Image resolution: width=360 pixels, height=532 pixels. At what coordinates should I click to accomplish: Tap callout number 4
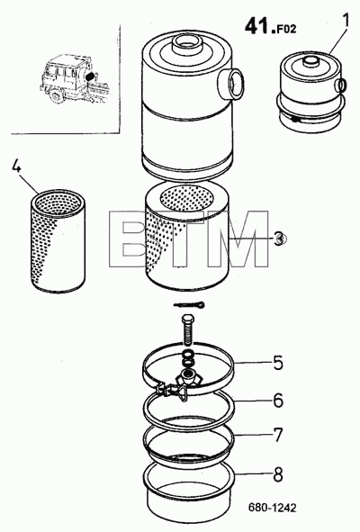point(17,166)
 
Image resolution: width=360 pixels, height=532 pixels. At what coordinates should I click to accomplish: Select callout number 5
point(277,363)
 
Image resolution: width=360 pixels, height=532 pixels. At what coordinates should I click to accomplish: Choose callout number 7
point(278,436)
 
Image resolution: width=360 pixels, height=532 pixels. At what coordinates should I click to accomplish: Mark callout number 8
point(278,474)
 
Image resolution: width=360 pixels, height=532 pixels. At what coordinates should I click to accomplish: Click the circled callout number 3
point(279,239)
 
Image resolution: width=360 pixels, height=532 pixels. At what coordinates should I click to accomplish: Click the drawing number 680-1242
point(272,508)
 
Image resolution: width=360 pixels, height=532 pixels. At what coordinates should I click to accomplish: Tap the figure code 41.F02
point(270,26)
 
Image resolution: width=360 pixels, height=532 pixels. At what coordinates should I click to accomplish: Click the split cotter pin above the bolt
point(189,304)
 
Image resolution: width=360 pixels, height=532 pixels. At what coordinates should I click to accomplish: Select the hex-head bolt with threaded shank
point(187,329)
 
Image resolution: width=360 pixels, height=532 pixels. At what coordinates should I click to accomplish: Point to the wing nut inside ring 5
point(188,375)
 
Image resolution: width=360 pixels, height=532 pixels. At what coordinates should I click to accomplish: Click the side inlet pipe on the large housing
point(230,82)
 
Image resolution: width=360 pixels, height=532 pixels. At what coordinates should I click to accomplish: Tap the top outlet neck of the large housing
point(187,42)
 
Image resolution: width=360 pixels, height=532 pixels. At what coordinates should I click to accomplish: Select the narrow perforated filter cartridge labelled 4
point(58,241)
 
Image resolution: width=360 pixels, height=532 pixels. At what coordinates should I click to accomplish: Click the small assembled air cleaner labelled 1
point(311,93)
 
